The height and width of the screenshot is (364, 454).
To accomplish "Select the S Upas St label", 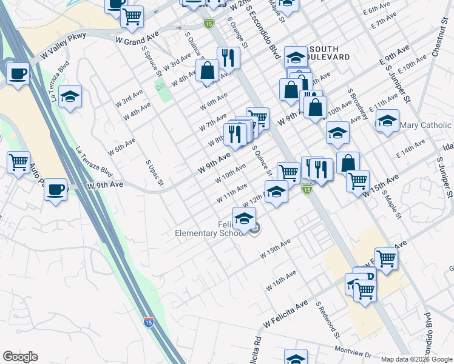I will tap(154, 174).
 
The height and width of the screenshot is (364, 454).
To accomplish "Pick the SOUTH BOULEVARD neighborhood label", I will tap(329, 52).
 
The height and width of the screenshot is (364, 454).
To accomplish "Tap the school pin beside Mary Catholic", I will tap(387, 121).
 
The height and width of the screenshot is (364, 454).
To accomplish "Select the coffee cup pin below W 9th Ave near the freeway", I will tap(56, 189).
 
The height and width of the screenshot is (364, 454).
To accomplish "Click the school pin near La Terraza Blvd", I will tap(70, 96).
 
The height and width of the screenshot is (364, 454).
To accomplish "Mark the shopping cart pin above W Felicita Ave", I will tap(386, 258).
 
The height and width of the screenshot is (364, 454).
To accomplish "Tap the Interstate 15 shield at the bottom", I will tap(148, 322).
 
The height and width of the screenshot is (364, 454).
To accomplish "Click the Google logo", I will tap(20, 357).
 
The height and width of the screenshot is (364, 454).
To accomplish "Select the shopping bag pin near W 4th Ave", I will tap(208, 70).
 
